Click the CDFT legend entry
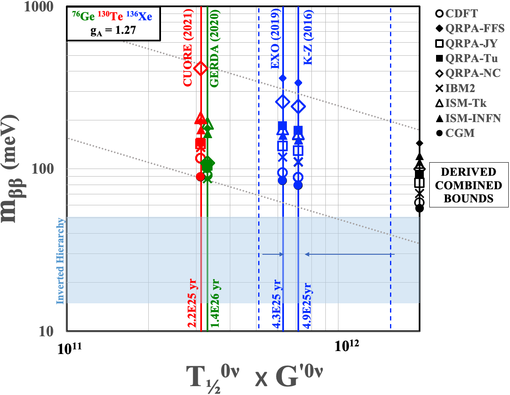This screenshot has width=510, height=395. [456, 14]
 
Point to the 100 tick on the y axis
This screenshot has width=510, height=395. [52, 169]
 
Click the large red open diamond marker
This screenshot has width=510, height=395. [200, 68]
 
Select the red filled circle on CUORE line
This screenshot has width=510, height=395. [200, 177]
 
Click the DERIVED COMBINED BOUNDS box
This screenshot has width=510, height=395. [469, 185]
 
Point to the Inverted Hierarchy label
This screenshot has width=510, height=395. [61, 261]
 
